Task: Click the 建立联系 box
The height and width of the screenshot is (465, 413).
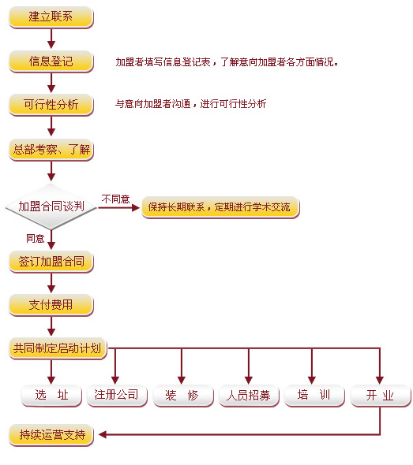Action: (51, 17)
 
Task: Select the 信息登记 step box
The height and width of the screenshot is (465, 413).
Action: (51, 61)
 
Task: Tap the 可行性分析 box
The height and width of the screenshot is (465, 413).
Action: (51, 105)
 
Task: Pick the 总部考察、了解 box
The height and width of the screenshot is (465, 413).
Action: (51, 150)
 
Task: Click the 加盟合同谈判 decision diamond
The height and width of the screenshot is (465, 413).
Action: (51, 206)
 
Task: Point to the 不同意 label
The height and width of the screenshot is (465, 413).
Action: (115, 199)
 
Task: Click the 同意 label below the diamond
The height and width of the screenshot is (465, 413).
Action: (35, 239)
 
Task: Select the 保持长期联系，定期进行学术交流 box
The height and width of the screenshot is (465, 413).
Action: (220, 207)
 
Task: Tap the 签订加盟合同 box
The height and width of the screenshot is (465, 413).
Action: (51, 262)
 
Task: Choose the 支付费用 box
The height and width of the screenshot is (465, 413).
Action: (51, 305)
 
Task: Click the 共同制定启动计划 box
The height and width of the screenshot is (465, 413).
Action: (58, 348)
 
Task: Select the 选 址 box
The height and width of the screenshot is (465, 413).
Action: (51, 396)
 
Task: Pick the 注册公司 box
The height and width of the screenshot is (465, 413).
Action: (117, 396)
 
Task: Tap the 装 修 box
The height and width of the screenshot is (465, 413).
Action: (183, 396)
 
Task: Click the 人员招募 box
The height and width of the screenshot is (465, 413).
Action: (249, 396)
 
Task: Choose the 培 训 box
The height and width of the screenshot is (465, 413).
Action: (314, 396)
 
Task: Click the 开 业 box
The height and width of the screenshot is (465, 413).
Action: (381, 396)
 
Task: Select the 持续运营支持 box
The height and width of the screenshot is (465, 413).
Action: (51, 435)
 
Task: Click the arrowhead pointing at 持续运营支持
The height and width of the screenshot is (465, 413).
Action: (103, 435)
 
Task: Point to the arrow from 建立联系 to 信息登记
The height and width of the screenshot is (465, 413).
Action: (51, 39)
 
